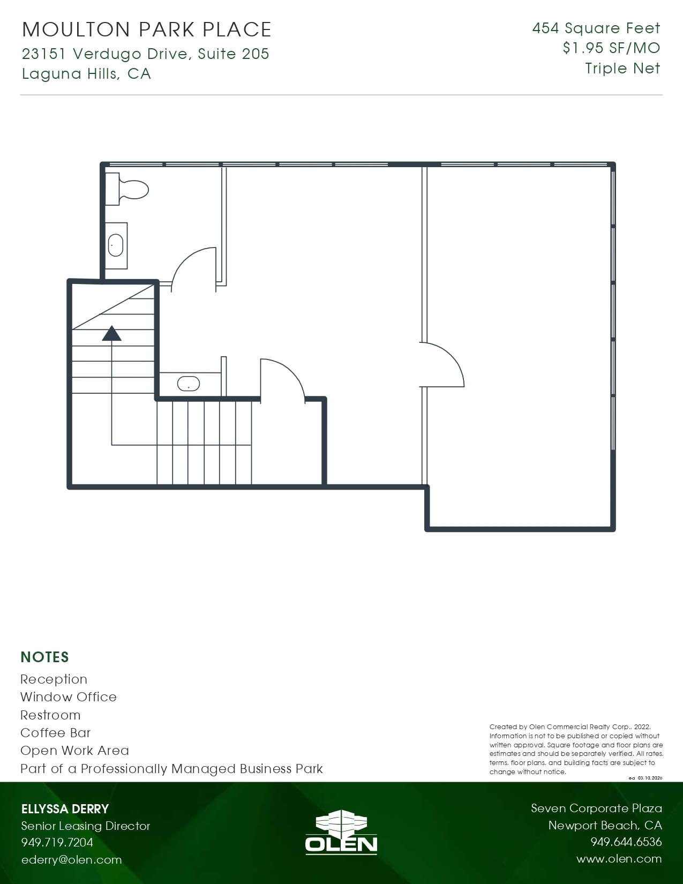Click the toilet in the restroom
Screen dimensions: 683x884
126,189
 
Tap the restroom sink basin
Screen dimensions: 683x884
116,245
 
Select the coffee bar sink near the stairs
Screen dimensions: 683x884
189,383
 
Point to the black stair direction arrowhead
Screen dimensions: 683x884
111,333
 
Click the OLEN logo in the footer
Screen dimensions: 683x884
341,832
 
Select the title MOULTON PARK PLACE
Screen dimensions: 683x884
146,29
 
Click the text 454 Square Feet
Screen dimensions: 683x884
596,28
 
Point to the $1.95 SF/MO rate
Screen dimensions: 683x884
611,48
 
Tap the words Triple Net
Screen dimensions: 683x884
622,69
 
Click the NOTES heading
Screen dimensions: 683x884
45,657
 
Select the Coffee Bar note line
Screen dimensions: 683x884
55,733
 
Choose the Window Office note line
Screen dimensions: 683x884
69,697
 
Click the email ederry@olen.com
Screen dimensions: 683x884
72,859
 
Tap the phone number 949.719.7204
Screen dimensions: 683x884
57,842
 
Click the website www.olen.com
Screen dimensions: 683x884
619,859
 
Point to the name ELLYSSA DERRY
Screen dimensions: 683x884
65,809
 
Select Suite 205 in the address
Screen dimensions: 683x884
234,54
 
